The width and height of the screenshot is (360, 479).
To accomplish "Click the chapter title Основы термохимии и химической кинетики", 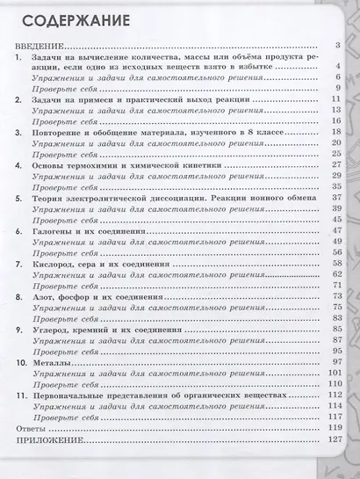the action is pyautogui.click(x=123, y=164).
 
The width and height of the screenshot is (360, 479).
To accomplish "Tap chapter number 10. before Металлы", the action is pyautogui.click(x=22, y=362).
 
